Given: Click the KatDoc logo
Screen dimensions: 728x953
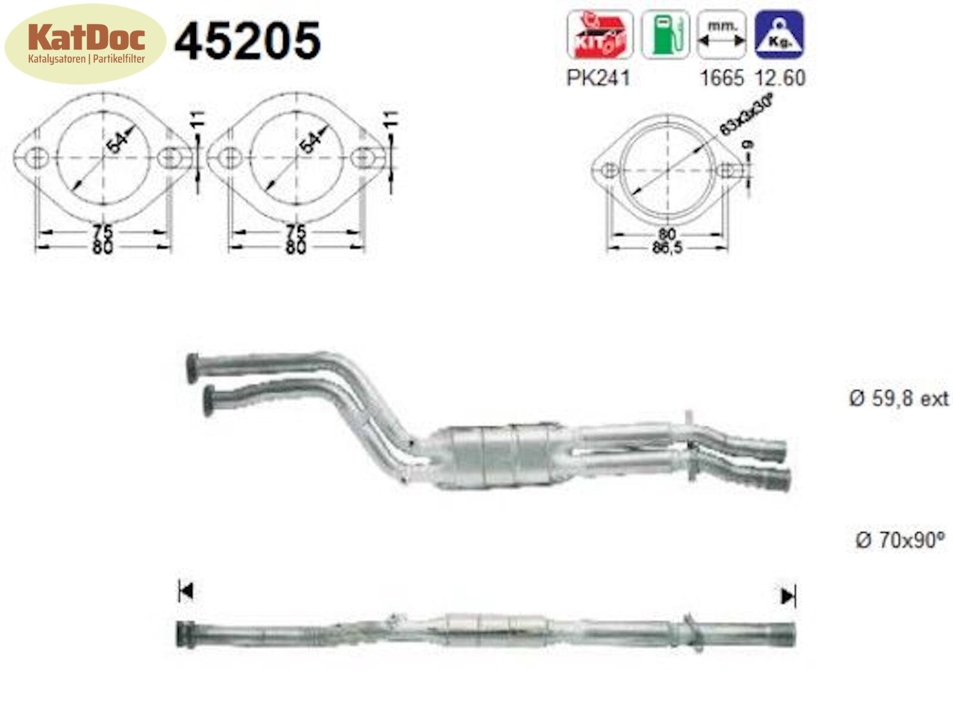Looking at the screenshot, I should [x=86, y=43].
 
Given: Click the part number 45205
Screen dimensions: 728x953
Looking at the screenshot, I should [x=247, y=40].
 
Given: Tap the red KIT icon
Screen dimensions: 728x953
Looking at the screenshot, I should [x=599, y=35].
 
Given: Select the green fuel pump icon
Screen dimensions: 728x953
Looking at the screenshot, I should [x=665, y=35].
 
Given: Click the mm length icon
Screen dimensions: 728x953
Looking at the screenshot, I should [x=721, y=35].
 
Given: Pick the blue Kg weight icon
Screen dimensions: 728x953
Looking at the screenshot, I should [x=779, y=35].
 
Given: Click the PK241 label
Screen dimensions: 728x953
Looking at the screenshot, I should [x=597, y=77].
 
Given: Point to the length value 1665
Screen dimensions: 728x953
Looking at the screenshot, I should [x=722, y=77].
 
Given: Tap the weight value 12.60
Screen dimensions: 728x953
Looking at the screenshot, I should [x=780, y=77].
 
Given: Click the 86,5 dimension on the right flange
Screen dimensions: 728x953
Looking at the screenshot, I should [x=667, y=248].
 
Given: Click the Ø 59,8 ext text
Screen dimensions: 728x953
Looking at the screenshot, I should [x=898, y=398].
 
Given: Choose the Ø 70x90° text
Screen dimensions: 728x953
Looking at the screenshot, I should [x=900, y=540].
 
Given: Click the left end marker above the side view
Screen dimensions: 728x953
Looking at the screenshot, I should [x=185, y=592].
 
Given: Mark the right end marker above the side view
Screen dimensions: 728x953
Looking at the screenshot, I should [x=788, y=596].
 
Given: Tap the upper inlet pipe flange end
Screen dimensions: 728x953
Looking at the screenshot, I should [x=192, y=367].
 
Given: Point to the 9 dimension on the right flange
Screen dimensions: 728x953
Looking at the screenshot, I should [x=748, y=145].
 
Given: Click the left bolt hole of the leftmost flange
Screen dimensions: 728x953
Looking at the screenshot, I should [x=38, y=157].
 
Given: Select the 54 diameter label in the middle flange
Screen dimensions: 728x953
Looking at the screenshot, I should [x=310, y=143].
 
